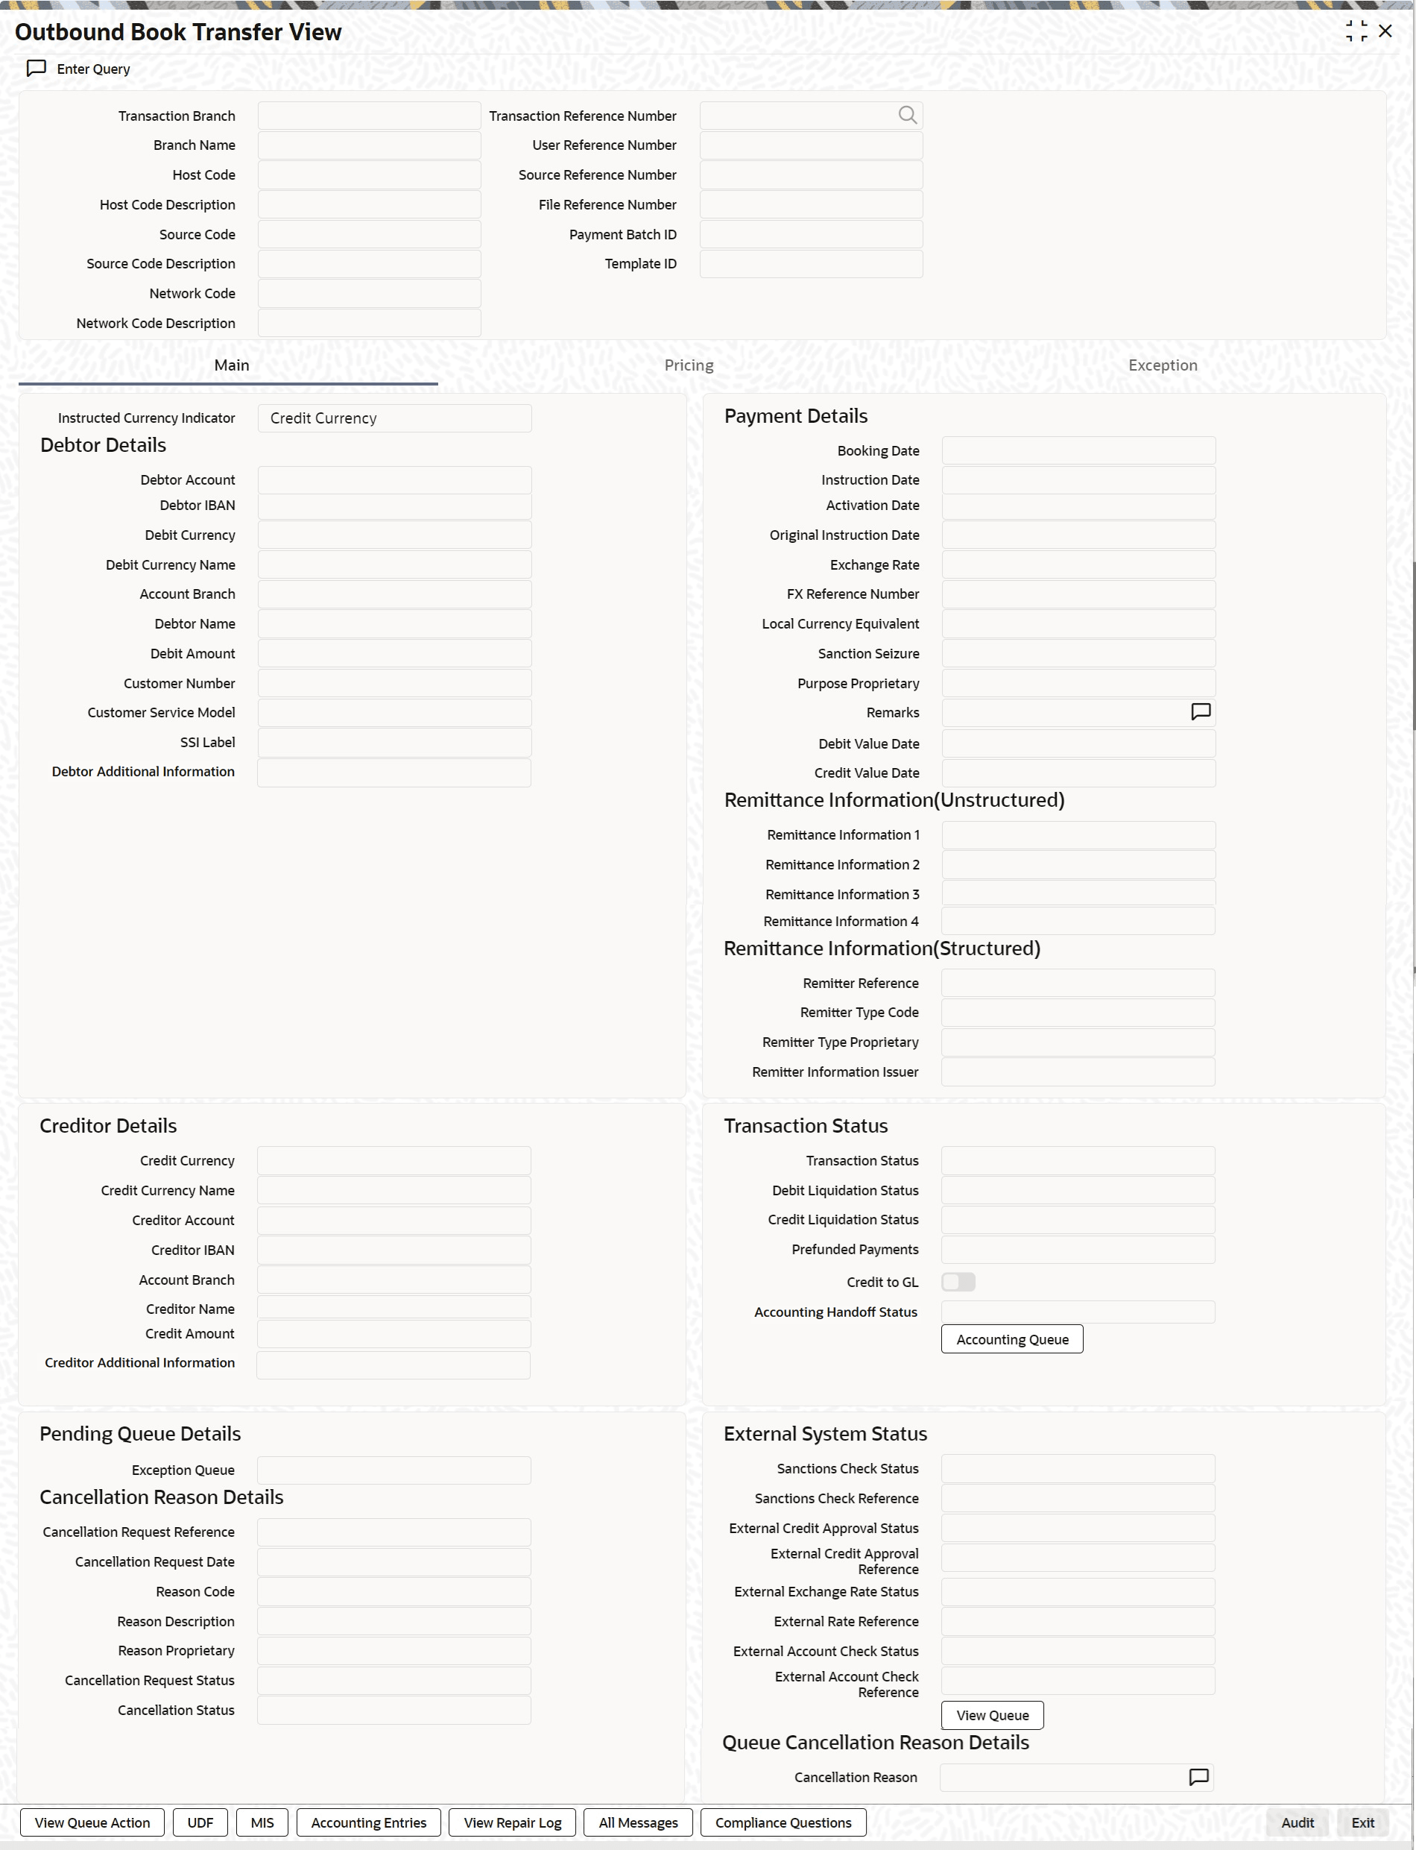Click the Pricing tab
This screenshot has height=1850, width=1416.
pos(689,365)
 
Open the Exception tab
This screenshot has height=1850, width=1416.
pos(1163,365)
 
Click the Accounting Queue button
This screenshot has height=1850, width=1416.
pos(1011,1339)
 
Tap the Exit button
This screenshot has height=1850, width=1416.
pos(1362,1822)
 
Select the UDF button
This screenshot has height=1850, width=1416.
pos(200,1822)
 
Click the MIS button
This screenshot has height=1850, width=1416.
pos(262,1822)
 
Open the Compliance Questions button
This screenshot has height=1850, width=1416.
pos(783,1822)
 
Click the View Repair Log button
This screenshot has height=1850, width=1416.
pos(513,1822)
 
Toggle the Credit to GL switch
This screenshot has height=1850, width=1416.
pos(958,1282)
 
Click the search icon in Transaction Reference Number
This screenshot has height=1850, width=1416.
pos(907,116)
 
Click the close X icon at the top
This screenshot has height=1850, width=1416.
pos(1385,31)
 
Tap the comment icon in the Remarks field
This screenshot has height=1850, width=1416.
pos(1200,711)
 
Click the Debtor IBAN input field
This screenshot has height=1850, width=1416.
pos(394,506)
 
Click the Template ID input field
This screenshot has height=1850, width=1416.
pos(811,264)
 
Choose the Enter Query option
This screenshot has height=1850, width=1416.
pos(79,69)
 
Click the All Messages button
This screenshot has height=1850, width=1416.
pos(638,1822)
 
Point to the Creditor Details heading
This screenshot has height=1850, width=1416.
pos(108,1126)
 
